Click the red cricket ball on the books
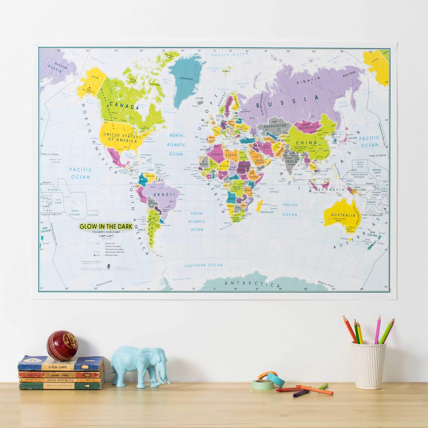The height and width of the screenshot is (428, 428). [62, 346]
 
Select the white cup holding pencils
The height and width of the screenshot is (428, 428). [368, 365]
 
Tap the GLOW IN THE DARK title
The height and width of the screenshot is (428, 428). [106, 227]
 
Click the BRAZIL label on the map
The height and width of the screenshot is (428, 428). [165, 195]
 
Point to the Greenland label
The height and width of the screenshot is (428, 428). [186, 78]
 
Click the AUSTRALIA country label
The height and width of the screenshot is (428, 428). [343, 215]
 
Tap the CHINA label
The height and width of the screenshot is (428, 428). [306, 143]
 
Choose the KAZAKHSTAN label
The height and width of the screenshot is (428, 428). [275, 126]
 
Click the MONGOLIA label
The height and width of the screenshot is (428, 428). [309, 128]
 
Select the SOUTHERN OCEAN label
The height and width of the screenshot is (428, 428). [203, 265]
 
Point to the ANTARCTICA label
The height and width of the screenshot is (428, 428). [253, 284]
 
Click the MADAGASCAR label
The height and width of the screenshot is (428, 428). [267, 212]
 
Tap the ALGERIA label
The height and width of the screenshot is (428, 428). [216, 154]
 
